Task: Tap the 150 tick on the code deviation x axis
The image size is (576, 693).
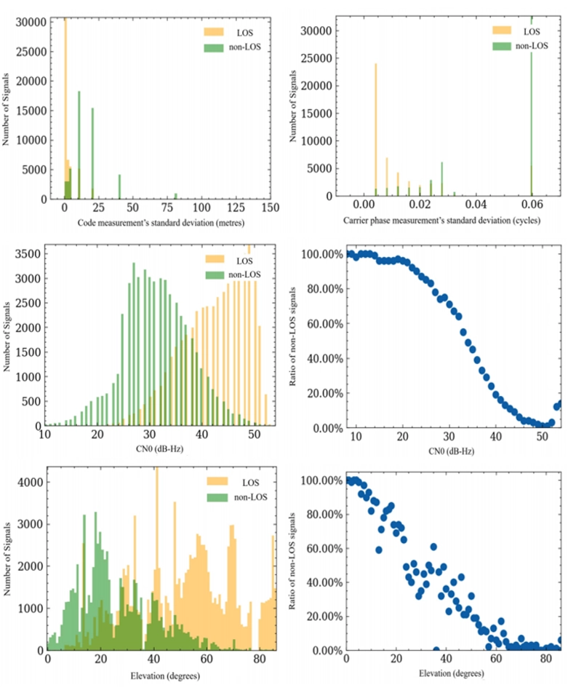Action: pyautogui.click(x=271, y=208)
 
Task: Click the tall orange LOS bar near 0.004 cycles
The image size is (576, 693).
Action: pyautogui.click(x=376, y=131)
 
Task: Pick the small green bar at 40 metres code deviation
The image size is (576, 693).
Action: pyautogui.click(x=119, y=186)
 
